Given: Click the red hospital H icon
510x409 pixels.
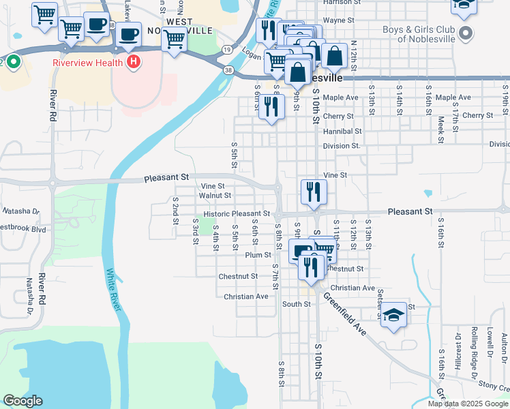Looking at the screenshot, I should (x=134, y=63).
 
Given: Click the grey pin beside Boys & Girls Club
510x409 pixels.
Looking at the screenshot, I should (x=466, y=33).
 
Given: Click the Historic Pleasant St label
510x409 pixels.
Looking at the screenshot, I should (x=232, y=214).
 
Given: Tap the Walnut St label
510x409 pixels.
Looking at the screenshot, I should (x=215, y=196).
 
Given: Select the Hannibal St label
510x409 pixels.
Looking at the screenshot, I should (x=342, y=131).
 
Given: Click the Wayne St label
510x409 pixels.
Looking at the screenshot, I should (x=339, y=20).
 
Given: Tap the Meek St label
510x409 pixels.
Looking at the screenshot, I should (x=441, y=127).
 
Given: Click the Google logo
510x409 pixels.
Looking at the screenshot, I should (x=22, y=401).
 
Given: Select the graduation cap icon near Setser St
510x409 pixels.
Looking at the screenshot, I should (x=393, y=315).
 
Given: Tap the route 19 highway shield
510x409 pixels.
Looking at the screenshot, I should (x=226, y=49).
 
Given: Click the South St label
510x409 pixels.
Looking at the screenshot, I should (x=297, y=304).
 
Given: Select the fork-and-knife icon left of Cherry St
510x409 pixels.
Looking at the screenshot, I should (x=272, y=106).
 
